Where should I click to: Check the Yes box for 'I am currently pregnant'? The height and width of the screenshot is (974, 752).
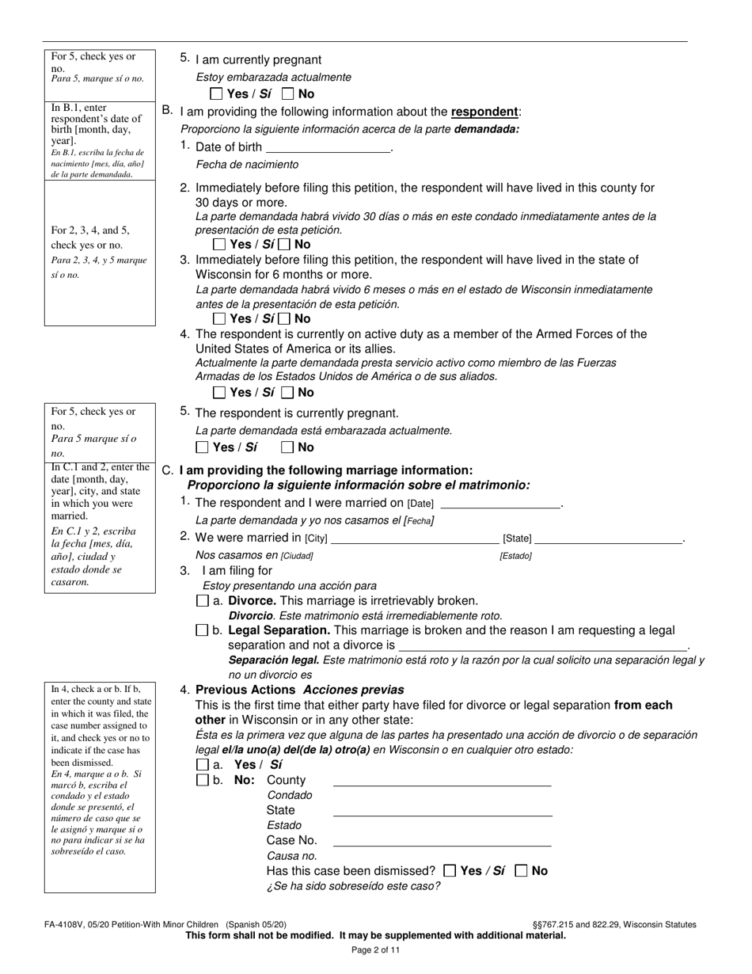click(217, 94)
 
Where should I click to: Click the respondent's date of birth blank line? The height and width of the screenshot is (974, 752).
click(329, 148)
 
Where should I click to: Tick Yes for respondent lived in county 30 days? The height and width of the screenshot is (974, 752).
click(220, 245)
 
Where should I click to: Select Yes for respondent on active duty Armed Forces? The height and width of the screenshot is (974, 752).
click(220, 393)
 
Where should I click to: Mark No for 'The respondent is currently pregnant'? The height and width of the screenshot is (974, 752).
click(287, 447)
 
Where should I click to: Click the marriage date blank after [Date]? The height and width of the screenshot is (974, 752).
click(499, 504)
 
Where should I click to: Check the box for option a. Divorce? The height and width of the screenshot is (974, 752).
click(202, 602)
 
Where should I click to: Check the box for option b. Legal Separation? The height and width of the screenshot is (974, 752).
click(202, 631)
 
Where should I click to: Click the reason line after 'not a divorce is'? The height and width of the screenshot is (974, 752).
click(543, 646)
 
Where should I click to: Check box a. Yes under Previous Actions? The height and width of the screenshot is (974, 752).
click(202, 766)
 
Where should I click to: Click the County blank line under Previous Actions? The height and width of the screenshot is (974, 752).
click(442, 782)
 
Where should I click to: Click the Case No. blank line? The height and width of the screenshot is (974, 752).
click(442, 842)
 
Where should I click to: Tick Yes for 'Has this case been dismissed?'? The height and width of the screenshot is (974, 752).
click(450, 871)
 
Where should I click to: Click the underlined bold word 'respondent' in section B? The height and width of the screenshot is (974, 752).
click(484, 112)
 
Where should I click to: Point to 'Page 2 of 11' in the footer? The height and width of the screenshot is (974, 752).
click(376, 951)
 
